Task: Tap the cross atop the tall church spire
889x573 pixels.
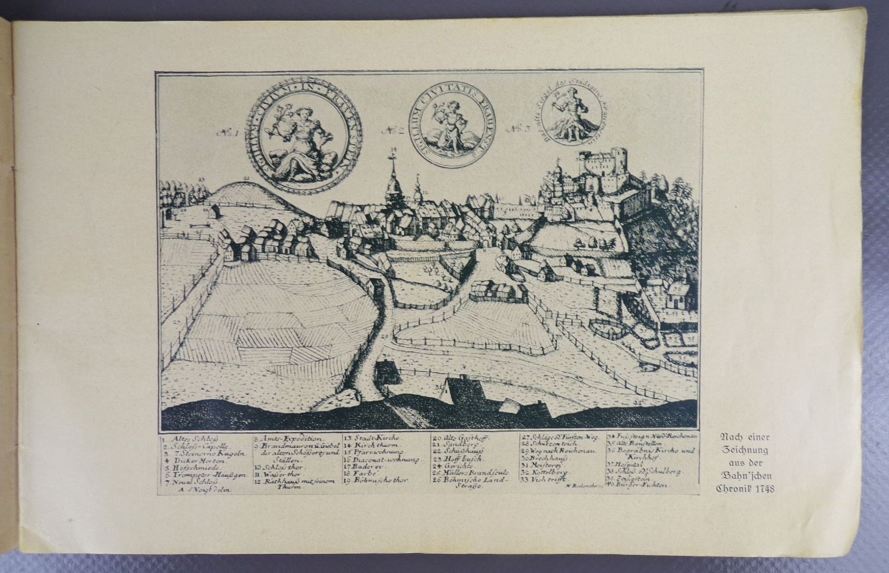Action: tap(393, 155)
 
